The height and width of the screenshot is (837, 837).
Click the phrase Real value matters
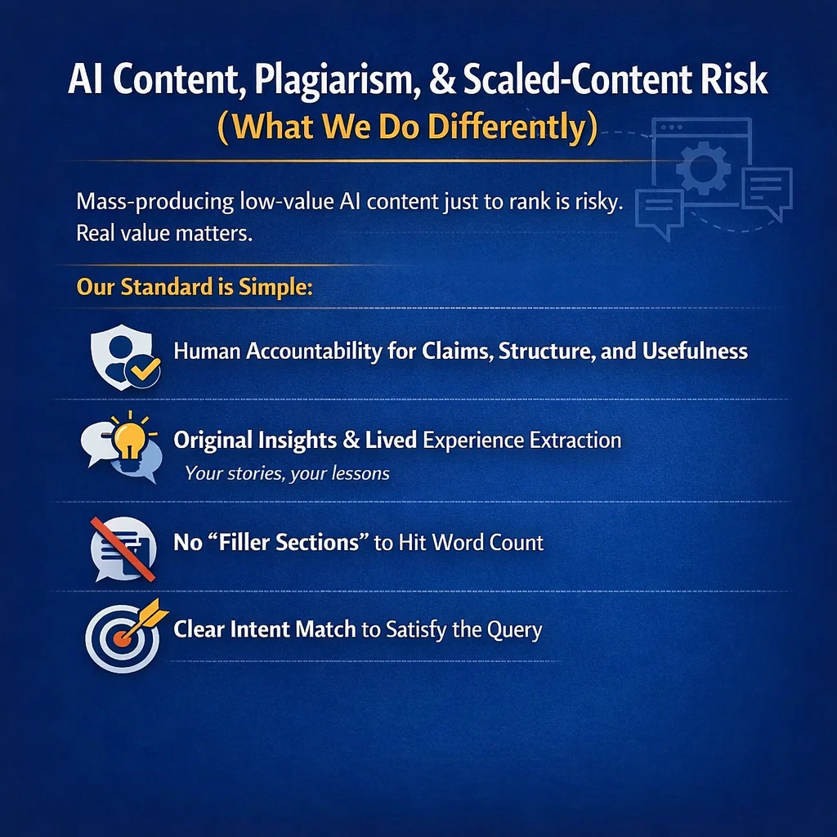(163, 233)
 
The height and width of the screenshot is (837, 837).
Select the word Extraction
(575, 441)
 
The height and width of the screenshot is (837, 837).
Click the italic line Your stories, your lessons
(287, 473)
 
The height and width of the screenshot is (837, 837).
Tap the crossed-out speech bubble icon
(123, 543)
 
